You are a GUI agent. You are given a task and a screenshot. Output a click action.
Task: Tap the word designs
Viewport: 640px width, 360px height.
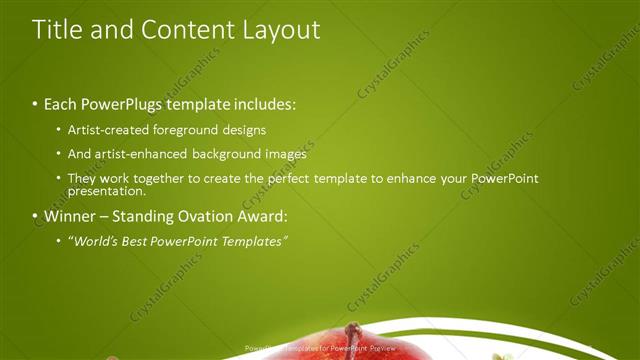(x=258, y=130)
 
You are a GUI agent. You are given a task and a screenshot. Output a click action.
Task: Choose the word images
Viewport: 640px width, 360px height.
(x=285, y=154)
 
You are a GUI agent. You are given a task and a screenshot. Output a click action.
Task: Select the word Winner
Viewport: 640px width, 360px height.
(x=68, y=216)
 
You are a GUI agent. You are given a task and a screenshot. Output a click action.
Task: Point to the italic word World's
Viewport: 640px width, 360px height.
(x=96, y=241)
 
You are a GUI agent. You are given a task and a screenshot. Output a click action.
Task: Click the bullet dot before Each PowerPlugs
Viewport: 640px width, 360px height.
(x=35, y=105)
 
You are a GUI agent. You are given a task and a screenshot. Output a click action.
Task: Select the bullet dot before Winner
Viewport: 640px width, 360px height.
(x=35, y=217)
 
